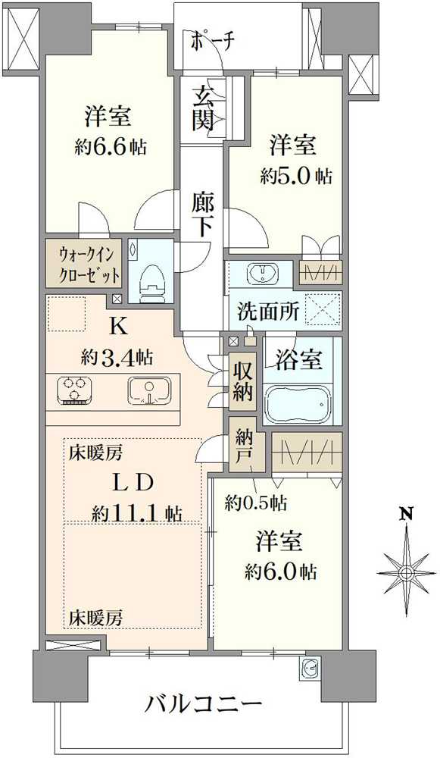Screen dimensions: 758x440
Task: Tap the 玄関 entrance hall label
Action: click(202, 108)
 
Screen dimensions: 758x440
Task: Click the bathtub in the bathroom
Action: click(299, 405)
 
